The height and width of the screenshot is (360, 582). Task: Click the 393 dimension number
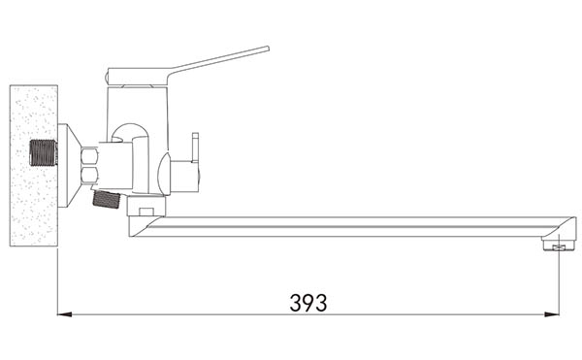pyautogui.click(x=308, y=303)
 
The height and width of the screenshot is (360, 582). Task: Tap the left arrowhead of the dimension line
pyautogui.click(x=65, y=314)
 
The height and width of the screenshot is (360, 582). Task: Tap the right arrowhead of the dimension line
pyautogui.click(x=552, y=314)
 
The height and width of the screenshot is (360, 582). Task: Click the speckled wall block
pyautogui.click(x=33, y=166)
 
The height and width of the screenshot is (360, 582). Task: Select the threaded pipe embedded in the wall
pyautogui.click(x=44, y=152)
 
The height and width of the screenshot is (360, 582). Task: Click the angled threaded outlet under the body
pyautogui.click(x=106, y=199)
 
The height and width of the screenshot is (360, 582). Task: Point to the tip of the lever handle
pyautogui.click(x=268, y=49)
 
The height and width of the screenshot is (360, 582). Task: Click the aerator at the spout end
pyautogui.click(x=558, y=245)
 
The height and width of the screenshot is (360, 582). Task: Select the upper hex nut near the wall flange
pyautogui.click(x=90, y=155)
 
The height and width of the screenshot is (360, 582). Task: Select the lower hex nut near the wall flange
pyautogui.click(x=90, y=175)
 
